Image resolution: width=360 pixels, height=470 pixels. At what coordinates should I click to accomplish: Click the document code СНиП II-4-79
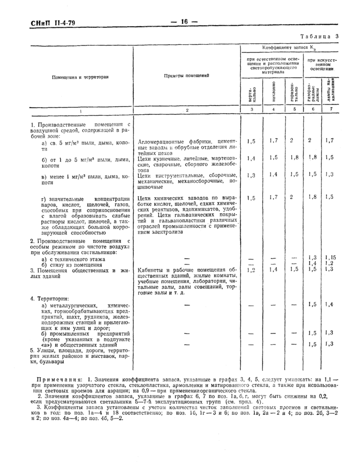(42, 23)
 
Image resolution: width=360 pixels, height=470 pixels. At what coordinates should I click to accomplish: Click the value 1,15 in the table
(330, 257)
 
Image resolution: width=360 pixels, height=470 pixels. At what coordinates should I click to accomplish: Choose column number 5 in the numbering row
(294, 109)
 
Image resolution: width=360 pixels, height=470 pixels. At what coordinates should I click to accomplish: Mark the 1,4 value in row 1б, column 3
(251, 158)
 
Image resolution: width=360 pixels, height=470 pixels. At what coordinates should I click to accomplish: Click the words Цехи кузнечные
(157, 159)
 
